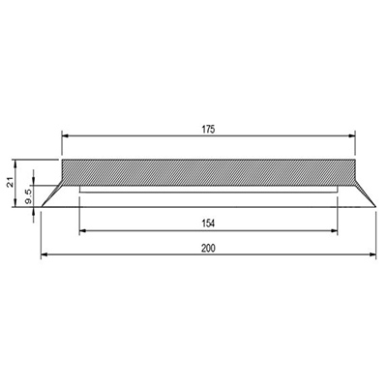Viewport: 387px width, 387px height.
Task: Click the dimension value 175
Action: [208, 130]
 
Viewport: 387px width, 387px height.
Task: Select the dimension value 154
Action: [208, 223]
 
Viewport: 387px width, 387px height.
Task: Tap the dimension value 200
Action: [208, 249]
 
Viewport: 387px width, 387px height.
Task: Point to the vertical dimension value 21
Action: [11, 183]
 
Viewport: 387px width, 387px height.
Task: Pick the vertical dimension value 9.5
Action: [28, 196]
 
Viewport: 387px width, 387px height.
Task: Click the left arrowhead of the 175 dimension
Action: [66, 136]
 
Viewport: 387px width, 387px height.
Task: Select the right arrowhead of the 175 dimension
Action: [351, 136]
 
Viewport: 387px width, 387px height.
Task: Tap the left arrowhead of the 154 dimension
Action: [83, 230]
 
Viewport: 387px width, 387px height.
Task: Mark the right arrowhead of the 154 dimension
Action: [334, 230]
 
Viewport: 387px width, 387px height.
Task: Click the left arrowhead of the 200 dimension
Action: [45, 254]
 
